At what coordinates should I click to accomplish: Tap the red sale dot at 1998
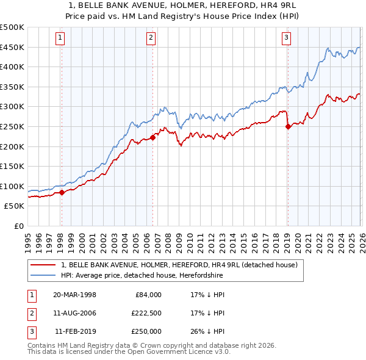point(62,193)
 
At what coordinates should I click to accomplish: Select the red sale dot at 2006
point(152,137)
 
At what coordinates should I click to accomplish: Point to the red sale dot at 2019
point(287,127)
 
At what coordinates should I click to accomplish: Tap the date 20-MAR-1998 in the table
point(74,295)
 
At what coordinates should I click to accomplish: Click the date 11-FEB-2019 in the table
point(74,331)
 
